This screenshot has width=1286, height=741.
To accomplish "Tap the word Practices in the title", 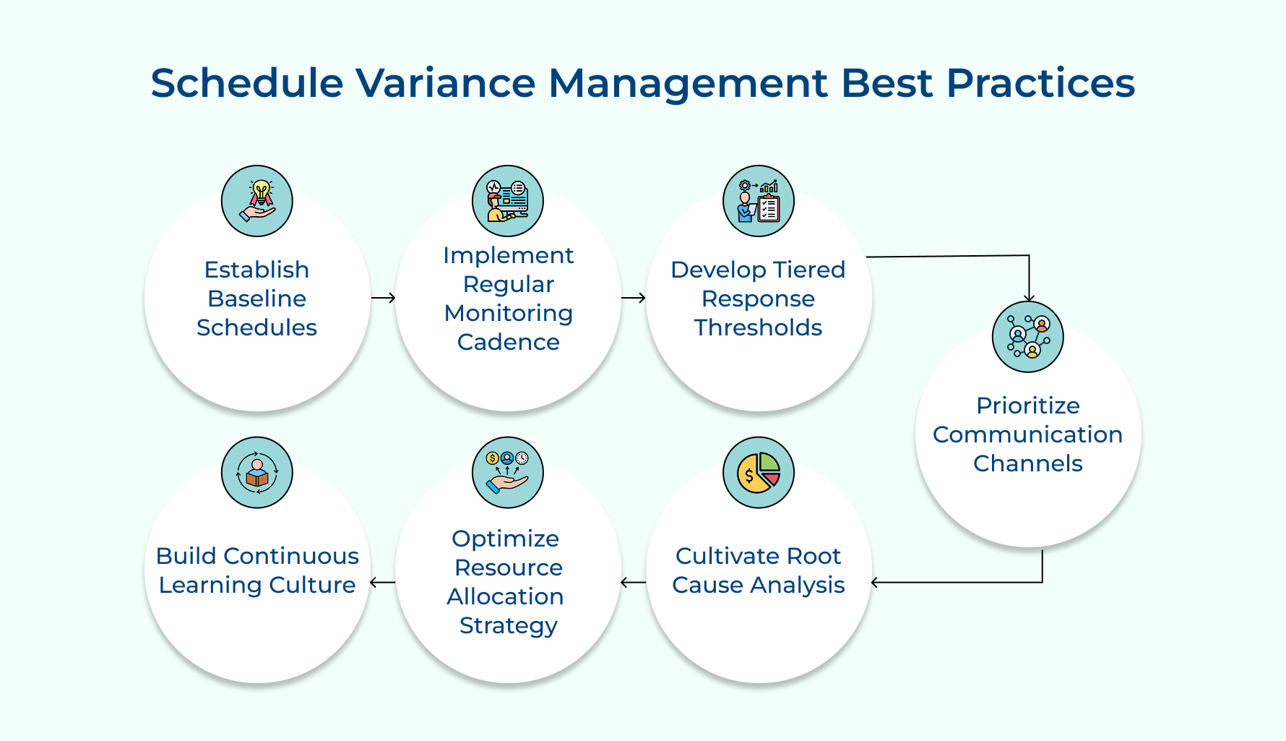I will (1040, 83).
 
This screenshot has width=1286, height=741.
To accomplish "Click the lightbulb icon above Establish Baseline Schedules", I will (257, 201).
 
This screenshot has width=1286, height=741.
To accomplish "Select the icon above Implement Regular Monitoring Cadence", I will (508, 201).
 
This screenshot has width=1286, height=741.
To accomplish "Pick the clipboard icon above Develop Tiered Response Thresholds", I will (759, 201).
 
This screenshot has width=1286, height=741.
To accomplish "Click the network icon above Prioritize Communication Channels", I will (1028, 337).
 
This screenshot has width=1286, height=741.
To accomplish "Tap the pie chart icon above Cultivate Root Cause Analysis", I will (759, 473).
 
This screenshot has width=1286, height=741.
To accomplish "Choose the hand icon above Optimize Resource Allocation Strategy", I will (508, 473).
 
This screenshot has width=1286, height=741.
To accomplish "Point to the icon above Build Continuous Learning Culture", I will (257, 473).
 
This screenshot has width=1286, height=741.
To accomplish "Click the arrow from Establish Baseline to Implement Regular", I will (383, 298).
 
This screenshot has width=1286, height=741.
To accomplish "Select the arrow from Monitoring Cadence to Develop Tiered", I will (634, 298).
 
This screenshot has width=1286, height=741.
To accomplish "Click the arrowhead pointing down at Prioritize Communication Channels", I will (1029, 298).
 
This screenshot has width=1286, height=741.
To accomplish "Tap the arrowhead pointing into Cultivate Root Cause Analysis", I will (876, 582).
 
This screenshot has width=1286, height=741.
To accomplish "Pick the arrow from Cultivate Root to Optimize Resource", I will (634, 582).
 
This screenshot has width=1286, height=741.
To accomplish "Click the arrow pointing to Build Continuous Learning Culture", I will (382, 582).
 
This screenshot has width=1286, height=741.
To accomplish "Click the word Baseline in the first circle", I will (256, 299).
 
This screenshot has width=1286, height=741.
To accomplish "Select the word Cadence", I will (508, 342).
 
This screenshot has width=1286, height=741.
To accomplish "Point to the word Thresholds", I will (758, 327).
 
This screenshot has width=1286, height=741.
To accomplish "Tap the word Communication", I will (1027, 434).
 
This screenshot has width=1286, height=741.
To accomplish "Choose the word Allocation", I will (505, 596).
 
